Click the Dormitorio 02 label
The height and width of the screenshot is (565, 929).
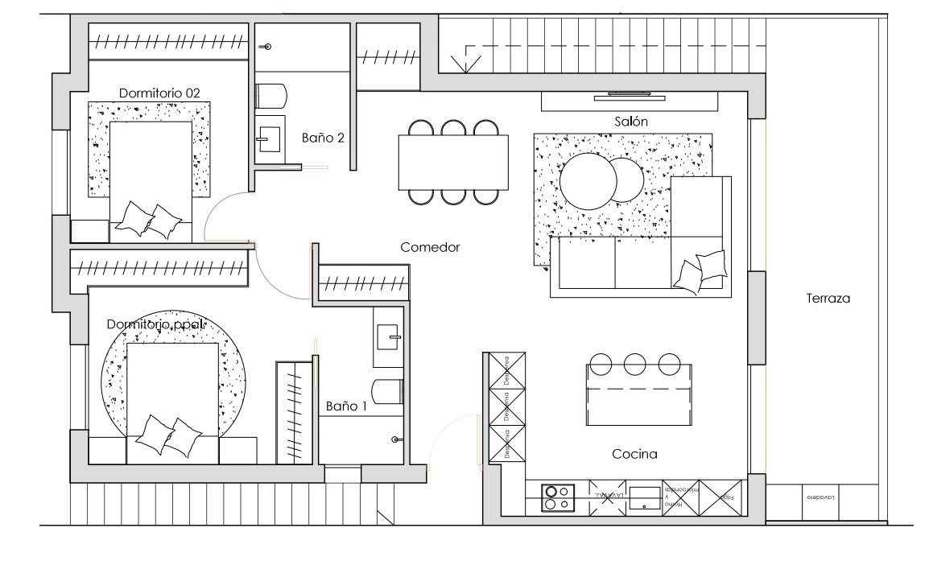point(159,93)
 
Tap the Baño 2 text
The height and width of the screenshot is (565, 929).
point(323,138)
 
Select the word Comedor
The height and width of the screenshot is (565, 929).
point(430,248)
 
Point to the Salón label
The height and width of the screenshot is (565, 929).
point(631,121)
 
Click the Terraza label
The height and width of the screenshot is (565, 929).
point(828,298)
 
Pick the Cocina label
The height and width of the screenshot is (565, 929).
point(634,454)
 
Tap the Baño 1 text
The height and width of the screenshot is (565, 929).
point(346,406)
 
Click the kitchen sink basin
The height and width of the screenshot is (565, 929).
point(645,497)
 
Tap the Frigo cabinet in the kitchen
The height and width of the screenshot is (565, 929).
point(729,497)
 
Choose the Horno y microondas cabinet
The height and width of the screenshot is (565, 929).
point(683,497)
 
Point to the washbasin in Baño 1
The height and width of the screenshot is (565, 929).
point(390,336)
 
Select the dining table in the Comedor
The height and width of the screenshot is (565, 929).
point(453,162)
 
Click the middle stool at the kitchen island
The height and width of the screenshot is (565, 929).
point(634,364)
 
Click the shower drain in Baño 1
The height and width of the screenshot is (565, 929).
point(395,439)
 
